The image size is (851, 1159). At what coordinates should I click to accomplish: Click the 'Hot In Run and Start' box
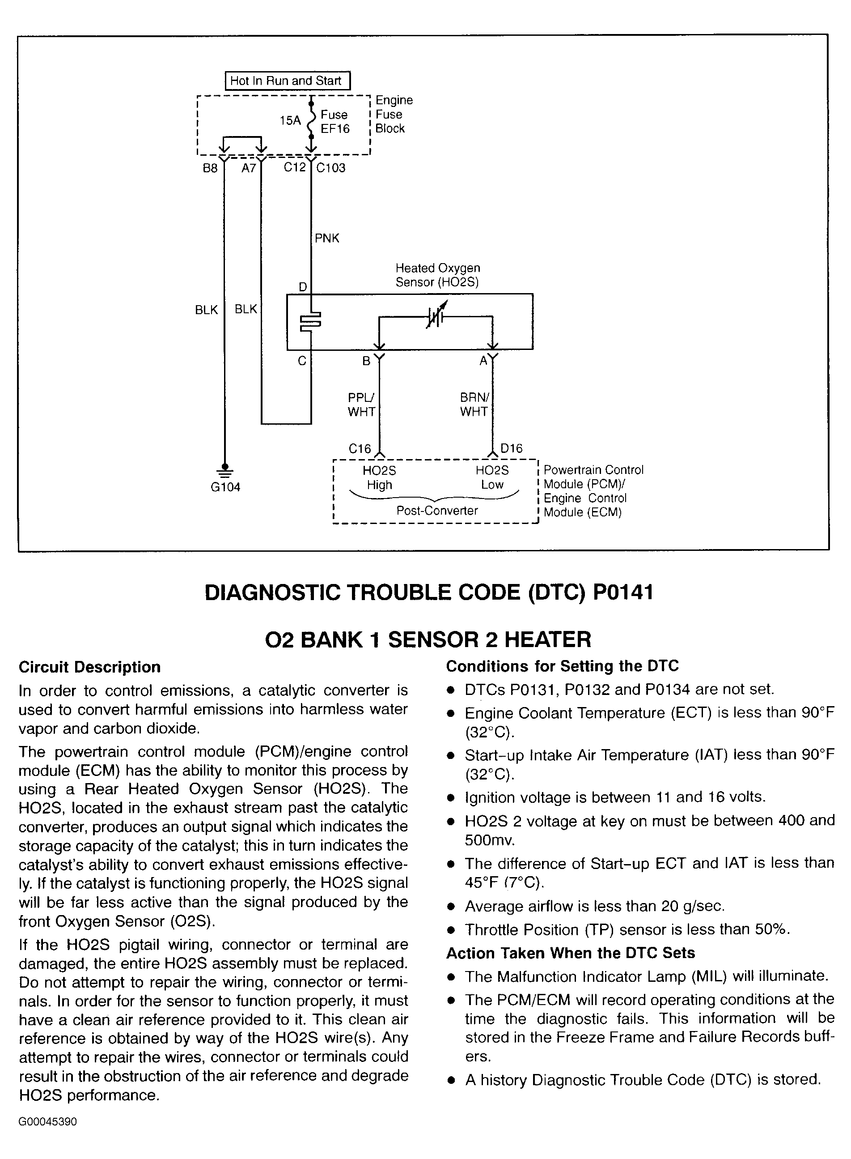[288, 81]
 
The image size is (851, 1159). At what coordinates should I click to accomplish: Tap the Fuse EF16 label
[335, 122]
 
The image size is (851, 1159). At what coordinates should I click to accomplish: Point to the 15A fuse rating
[290, 120]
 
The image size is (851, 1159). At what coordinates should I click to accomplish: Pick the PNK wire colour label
[327, 238]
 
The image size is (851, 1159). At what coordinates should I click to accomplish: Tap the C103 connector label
[331, 168]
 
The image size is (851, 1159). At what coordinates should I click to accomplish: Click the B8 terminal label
[210, 168]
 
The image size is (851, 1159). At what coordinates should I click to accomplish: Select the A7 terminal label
[249, 168]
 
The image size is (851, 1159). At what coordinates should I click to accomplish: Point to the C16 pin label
[360, 449]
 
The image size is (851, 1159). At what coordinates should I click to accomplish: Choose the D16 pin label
[511, 448]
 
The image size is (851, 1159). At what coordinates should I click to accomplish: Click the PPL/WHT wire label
[361, 405]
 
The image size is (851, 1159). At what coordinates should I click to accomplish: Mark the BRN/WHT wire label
[474, 405]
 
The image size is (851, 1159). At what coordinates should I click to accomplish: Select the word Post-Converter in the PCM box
[437, 511]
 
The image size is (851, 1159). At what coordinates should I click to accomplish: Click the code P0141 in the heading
[623, 592]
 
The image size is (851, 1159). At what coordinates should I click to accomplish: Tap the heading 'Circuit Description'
[89, 667]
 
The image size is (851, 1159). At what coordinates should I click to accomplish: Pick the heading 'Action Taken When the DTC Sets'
[570, 953]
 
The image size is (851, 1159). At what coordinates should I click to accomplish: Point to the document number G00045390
[48, 1122]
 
